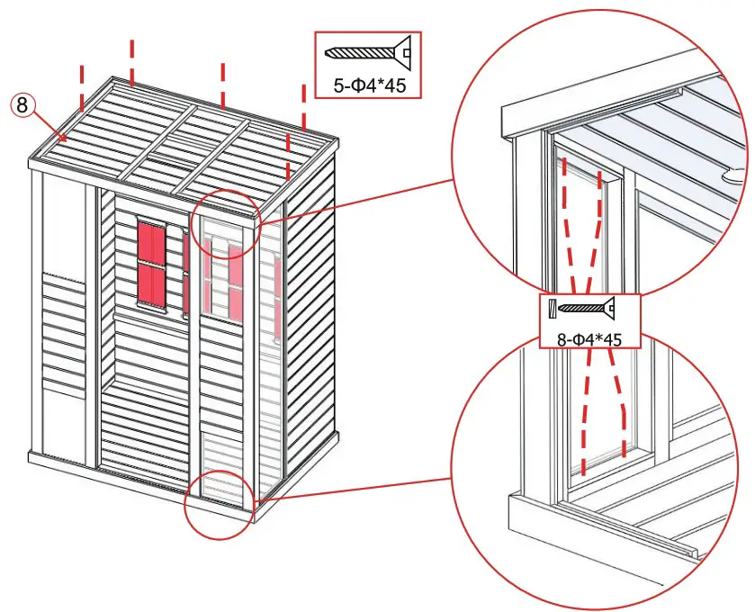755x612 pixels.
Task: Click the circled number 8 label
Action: (22, 105)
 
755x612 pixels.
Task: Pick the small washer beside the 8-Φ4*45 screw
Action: (550, 310)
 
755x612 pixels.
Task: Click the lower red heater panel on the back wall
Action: (151, 284)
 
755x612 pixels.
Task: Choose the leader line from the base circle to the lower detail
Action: (351, 489)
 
